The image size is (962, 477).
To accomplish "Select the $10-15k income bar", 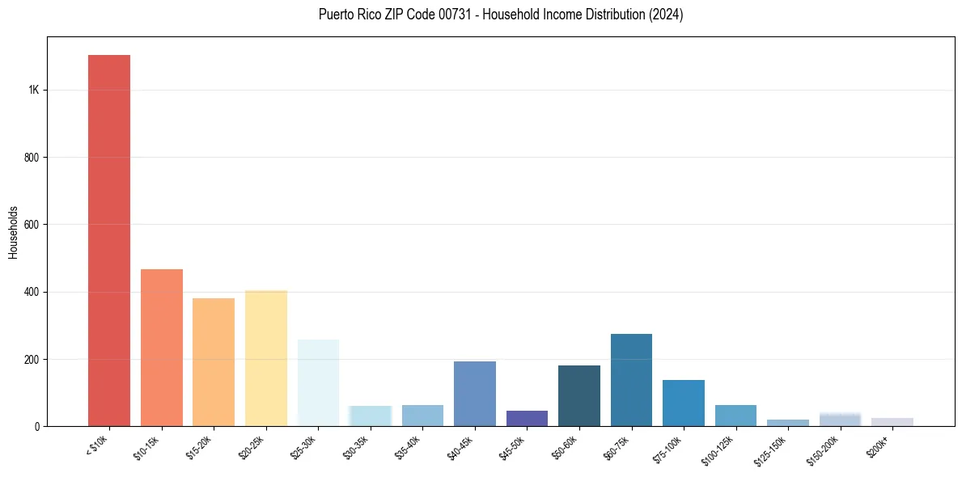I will click(x=161, y=348).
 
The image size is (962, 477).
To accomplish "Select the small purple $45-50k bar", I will click(x=527, y=418).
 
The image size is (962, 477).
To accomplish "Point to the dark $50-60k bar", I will click(x=578, y=395).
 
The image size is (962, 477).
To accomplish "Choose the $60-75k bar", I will click(x=631, y=380).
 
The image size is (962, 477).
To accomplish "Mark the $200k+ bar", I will click(x=892, y=421).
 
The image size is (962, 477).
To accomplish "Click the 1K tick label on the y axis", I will click(x=34, y=90).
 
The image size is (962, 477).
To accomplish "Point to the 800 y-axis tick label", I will click(x=32, y=157).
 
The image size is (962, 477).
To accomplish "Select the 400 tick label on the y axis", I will click(x=32, y=292).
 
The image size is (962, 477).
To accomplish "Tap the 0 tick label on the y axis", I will click(x=37, y=426).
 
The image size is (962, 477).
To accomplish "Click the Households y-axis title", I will click(x=13, y=231).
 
